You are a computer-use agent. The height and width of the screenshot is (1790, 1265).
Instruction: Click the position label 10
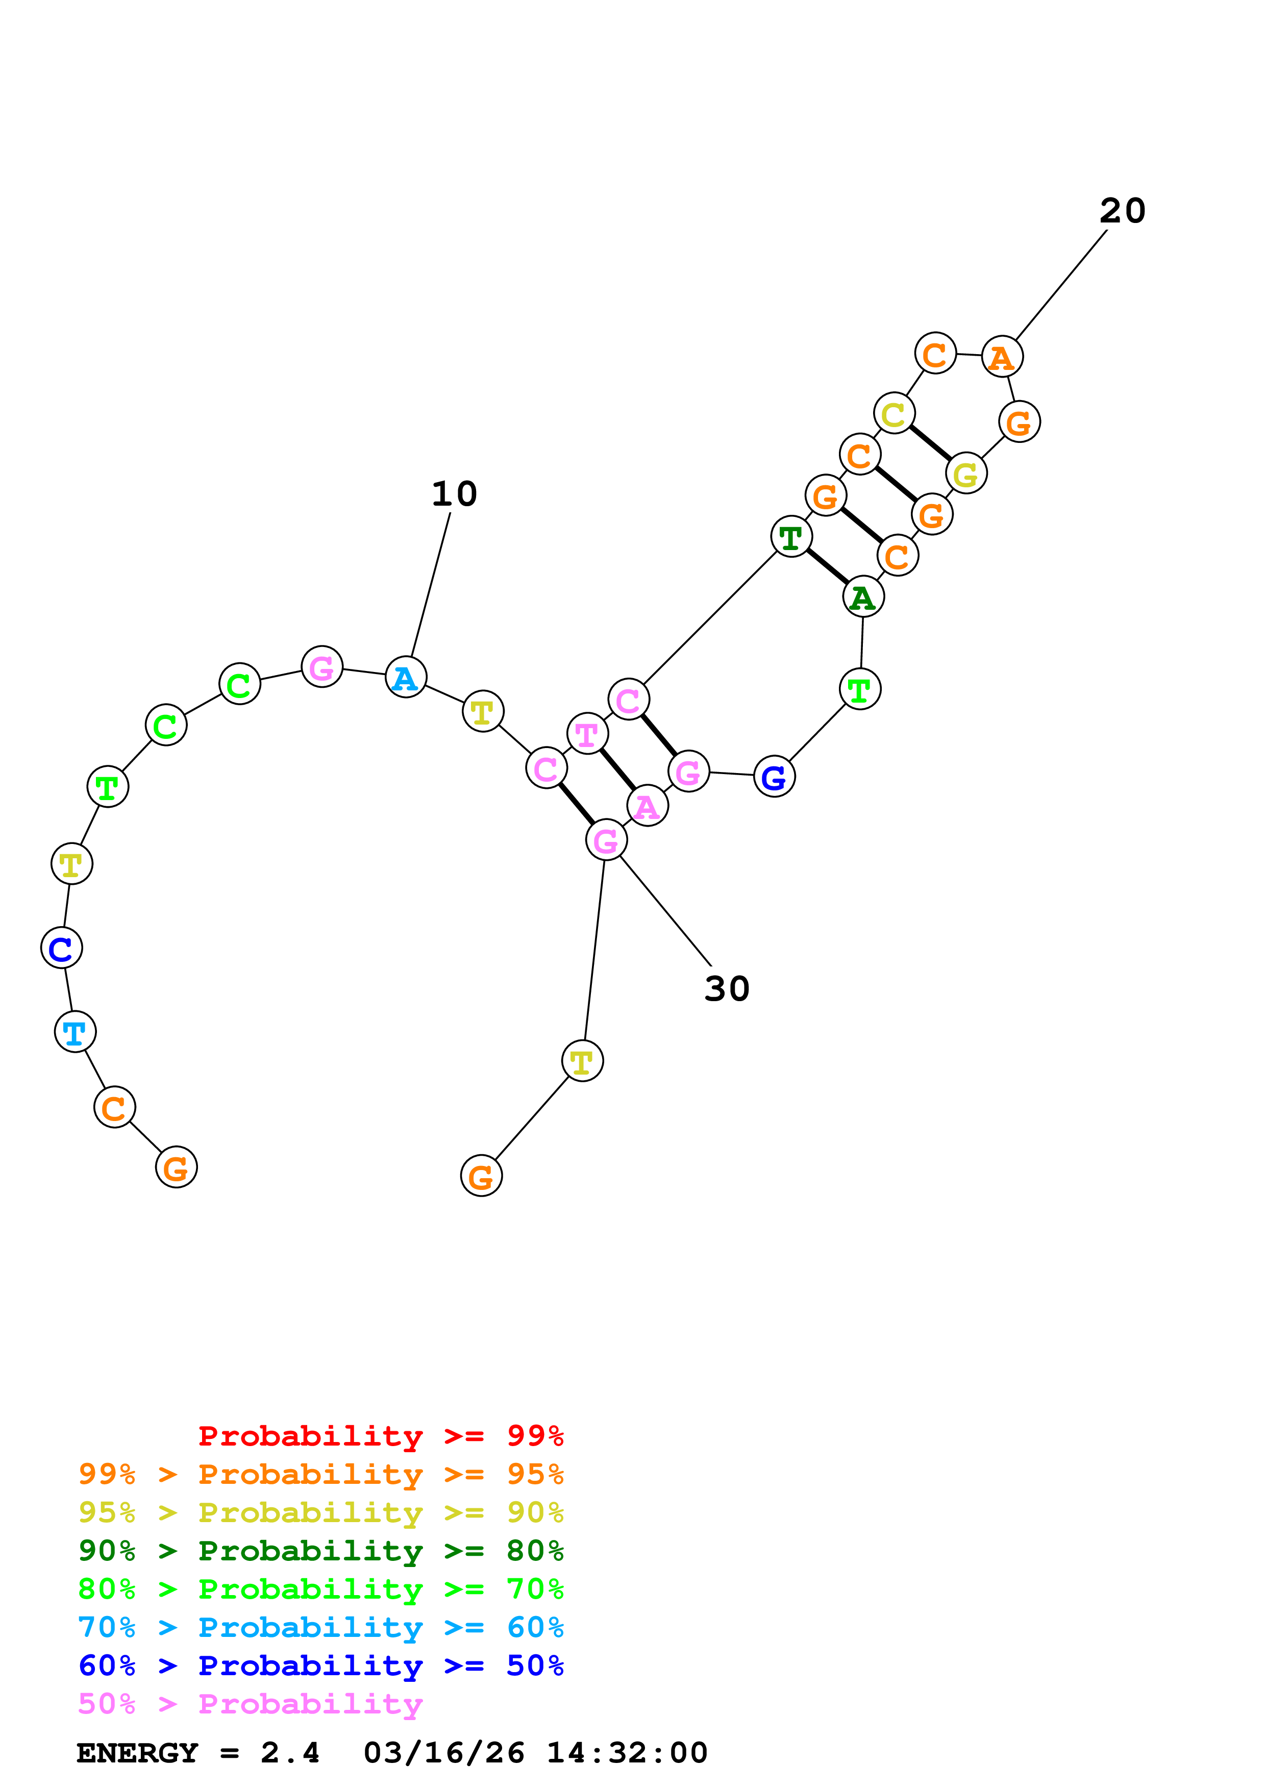pos(454,493)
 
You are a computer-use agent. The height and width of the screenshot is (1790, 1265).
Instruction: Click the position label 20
pos(1122,211)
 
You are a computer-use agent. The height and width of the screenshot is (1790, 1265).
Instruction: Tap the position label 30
pos(727,988)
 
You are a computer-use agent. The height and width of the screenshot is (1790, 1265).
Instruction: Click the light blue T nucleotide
pos(75,1032)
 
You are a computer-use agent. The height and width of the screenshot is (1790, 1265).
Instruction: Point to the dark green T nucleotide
pos(791,537)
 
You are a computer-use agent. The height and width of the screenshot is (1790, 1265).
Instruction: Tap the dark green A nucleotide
pos(863,597)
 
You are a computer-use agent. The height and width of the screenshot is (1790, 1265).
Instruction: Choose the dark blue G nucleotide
pos(774,777)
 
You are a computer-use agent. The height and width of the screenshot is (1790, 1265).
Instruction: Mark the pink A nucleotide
pos(647,806)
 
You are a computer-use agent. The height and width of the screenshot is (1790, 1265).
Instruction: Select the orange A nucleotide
pos(1002,357)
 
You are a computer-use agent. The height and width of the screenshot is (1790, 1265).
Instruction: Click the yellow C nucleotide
pos(894,413)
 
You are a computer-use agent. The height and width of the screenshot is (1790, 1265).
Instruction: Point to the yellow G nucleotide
pos(965,473)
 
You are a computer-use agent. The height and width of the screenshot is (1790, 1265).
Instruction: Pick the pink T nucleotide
pos(587,734)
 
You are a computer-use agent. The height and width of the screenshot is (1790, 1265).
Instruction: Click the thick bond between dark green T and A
pos(827,567)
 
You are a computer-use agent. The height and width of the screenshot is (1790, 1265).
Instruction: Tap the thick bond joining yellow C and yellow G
pos(930,443)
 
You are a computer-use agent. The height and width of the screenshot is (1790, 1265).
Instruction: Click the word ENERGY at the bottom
pos(137,1753)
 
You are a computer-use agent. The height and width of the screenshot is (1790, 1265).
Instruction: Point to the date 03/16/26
pos(443,1753)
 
